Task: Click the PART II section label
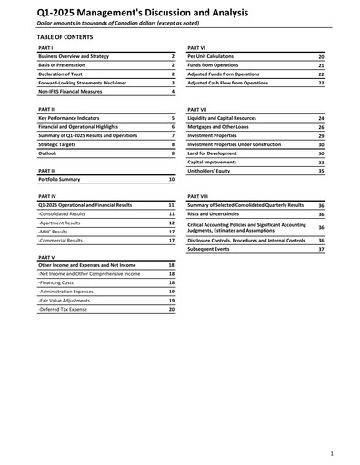(x=47, y=108)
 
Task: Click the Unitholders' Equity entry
(x=211, y=171)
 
